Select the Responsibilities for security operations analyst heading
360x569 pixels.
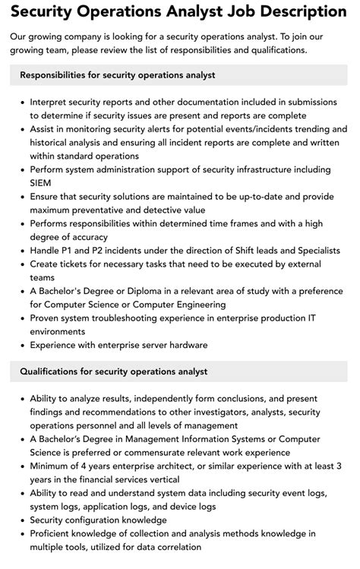pos(118,75)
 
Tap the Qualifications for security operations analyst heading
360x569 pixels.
pos(114,371)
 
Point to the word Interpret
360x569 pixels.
pos(50,102)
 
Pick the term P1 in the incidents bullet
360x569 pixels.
pos(74,251)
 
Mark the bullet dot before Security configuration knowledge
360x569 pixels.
pos(21,520)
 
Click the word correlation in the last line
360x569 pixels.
pos(175,547)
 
